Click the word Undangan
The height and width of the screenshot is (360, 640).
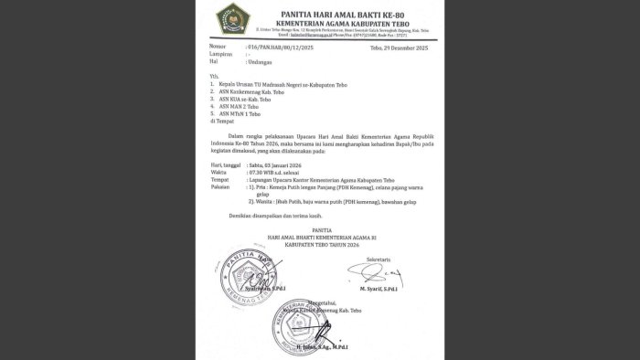click(x=261, y=61)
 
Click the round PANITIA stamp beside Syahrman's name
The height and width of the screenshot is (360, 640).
click(x=246, y=274)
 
